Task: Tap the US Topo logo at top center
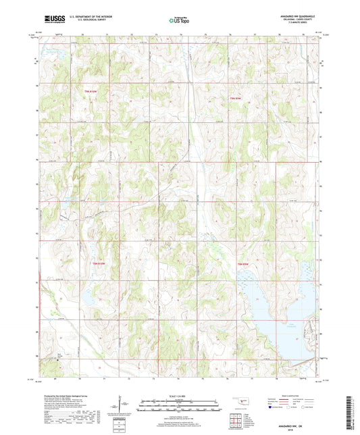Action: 178,20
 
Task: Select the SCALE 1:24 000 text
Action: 180,396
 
